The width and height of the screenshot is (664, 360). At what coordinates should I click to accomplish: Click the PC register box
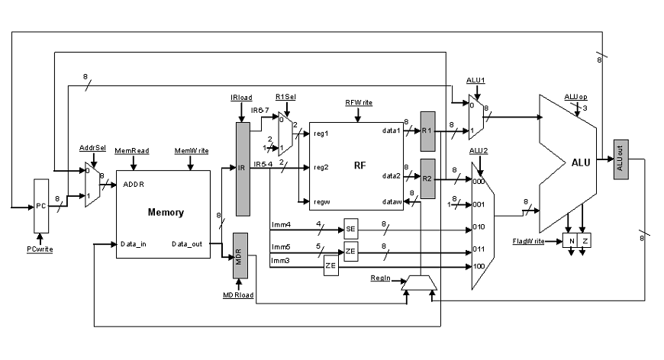point(41,206)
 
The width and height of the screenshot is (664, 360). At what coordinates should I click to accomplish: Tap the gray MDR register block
point(241,256)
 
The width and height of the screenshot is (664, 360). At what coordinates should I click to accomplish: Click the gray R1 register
point(427,130)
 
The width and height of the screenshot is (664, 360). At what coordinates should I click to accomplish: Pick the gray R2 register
point(427,178)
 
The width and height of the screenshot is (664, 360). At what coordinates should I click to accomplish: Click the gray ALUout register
point(620,159)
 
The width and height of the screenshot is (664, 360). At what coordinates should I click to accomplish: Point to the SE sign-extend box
point(351,229)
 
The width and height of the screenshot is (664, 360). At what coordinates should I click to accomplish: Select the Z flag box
point(584,241)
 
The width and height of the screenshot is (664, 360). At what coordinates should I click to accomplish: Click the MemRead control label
point(131,152)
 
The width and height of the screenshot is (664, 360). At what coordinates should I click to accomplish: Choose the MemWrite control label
point(191,152)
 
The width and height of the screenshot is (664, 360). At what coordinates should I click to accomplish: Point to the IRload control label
point(241,98)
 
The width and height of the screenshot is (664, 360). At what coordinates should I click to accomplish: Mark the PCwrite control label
point(40,249)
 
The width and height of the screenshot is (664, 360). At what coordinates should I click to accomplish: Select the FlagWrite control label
point(528,241)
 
